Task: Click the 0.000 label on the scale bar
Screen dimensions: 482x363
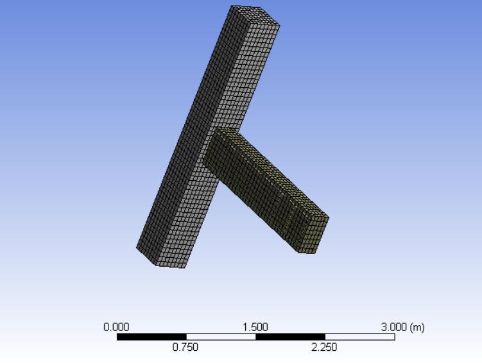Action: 116,327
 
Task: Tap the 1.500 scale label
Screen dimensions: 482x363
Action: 255,327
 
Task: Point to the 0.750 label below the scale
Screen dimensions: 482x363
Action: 185,347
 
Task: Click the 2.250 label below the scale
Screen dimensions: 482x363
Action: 324,347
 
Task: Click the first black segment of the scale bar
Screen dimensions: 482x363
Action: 151,337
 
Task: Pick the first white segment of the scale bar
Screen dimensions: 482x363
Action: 221,337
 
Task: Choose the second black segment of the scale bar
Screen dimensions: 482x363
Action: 291,337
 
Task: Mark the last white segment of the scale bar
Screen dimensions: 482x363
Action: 360,337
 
